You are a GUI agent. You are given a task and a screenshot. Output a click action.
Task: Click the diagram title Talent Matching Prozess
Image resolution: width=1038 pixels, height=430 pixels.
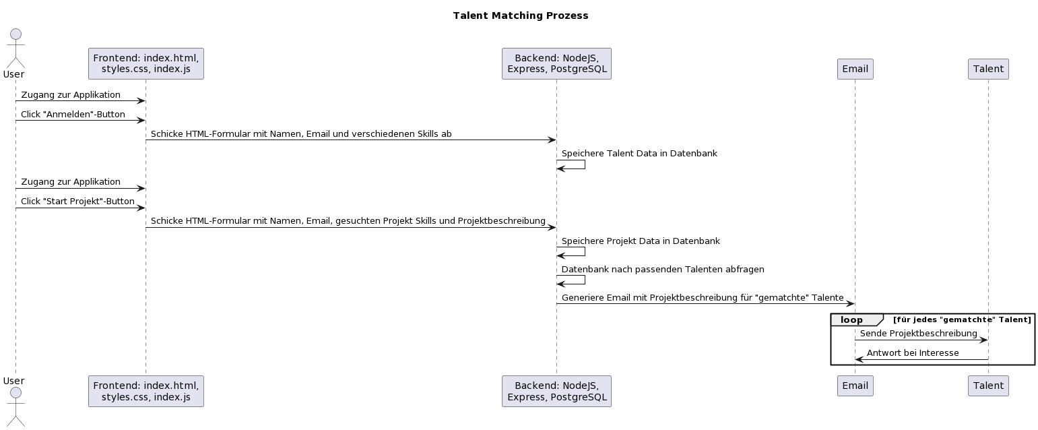(x=520, y=16)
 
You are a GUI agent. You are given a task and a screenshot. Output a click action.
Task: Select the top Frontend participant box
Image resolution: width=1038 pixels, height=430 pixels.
(x=145, y=63)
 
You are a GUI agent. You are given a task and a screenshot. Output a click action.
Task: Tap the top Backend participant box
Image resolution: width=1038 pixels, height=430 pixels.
(x=556, y=63)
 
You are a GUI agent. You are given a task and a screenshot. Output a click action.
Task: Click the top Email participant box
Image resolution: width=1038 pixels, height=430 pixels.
(x=855, y=69)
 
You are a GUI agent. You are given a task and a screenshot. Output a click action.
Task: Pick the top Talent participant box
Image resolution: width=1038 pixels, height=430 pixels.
(x=988, y=69)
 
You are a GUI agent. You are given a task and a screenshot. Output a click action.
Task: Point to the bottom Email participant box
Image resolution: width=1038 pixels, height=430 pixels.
(x=855, y=386)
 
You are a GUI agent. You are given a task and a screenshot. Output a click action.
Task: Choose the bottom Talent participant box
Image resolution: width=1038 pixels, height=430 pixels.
(x=988, y=386)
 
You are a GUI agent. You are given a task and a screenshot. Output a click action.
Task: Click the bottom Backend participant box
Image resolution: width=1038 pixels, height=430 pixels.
(x=556, y=391)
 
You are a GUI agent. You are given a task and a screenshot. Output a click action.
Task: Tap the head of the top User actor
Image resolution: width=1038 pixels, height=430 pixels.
(x=15, y=34)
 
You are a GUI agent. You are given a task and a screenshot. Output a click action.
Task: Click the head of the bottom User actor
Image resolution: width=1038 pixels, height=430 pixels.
(x=15, y=393)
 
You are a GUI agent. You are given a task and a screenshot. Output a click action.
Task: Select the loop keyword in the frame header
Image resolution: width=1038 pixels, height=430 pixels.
(x=851, y=319)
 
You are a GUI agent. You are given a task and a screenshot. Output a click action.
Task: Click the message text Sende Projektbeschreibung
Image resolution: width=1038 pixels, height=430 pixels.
(x=918, y=334)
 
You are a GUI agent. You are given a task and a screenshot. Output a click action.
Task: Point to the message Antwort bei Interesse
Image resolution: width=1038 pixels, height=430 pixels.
(x=913, y=353)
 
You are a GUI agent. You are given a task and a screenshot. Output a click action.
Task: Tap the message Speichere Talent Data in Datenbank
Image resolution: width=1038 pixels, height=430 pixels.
(x=639, y=154)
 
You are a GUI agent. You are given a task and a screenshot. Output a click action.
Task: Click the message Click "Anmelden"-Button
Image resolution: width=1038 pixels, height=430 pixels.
(x=73, y=115)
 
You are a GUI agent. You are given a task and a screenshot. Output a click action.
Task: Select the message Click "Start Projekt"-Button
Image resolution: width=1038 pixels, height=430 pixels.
(x=77, y=202)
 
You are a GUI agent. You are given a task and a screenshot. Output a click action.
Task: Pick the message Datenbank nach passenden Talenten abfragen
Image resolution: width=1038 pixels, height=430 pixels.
(x=663, y=269)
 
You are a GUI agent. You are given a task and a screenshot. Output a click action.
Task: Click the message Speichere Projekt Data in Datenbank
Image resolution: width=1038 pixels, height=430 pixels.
(x=641, y=241)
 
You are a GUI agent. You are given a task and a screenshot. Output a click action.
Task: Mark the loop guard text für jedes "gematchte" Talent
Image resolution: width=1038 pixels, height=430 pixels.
(x=962, y=319)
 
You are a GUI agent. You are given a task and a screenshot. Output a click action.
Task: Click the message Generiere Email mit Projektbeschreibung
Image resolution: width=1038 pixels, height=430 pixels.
(x=703, y=297)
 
